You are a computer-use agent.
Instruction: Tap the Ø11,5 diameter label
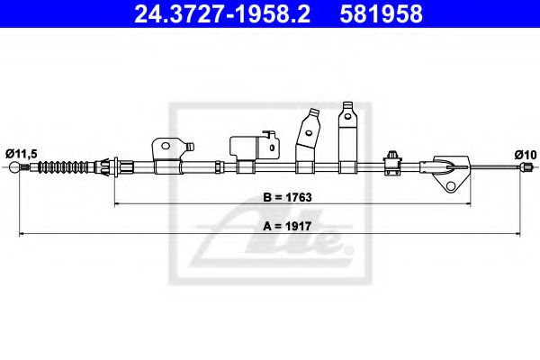coord(22,154)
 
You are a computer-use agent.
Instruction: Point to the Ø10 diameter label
coord(525,154)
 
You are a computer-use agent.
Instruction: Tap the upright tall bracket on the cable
coord(346,135)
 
